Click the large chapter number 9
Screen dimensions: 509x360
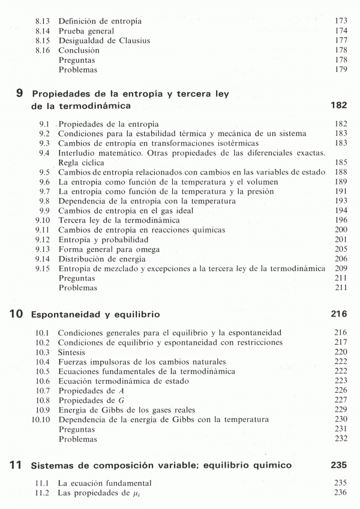pos(20,94)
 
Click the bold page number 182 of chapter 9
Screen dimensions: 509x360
pos(339,106)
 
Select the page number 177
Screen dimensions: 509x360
pos(340,41)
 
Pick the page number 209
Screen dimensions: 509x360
pos(340,269)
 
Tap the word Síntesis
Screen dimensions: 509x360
pos(72,352)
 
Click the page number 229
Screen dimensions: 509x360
pos(340,410)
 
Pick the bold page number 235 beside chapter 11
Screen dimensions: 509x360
pos(339,465)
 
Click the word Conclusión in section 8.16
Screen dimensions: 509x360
pos(79,50)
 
